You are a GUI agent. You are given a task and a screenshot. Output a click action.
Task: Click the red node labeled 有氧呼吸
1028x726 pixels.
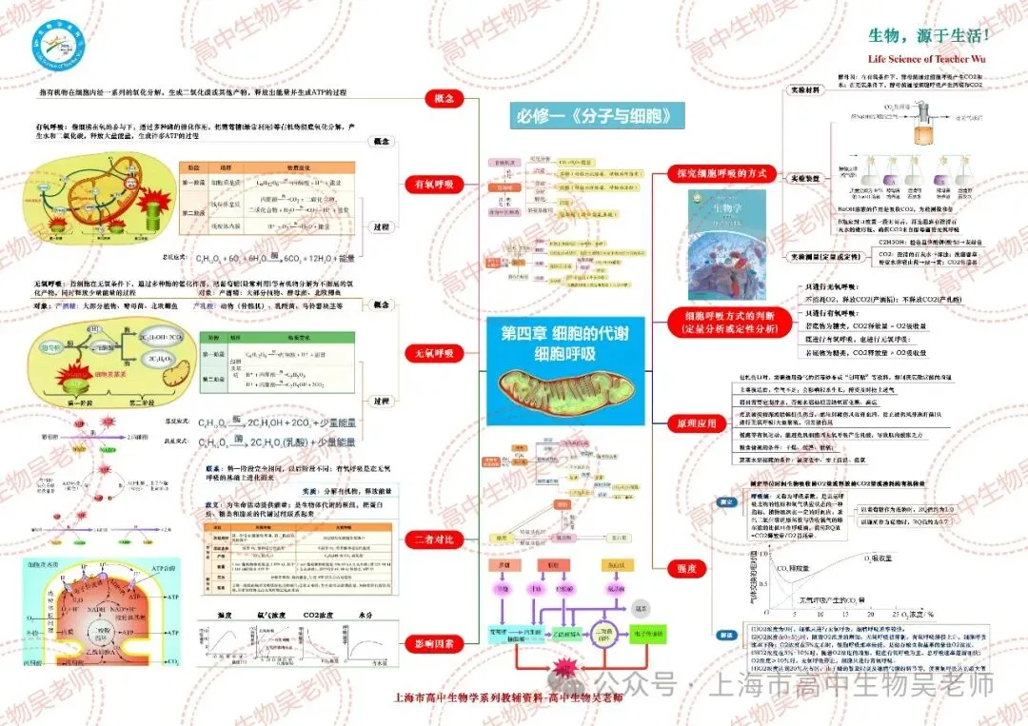pyautogui.click(x=435, y=184)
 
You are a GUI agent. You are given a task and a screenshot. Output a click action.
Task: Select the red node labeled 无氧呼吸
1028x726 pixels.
pyautogui.click(x=435, y=353)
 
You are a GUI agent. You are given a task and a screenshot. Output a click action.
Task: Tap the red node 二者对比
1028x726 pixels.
pyautogui.click(x=435, y=540)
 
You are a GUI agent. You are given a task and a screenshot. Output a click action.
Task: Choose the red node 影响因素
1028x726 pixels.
pyautogui.click(x=435, y=643)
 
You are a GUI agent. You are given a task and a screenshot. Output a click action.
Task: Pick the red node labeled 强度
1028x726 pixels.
pyautogui.click(x=688, y=568)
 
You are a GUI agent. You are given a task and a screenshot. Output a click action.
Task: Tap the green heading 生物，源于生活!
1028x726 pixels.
pyautogui.click(x=929, y=35)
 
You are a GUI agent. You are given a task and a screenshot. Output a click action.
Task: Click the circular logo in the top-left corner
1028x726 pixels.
pyautogui.click(x=56, y=42)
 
